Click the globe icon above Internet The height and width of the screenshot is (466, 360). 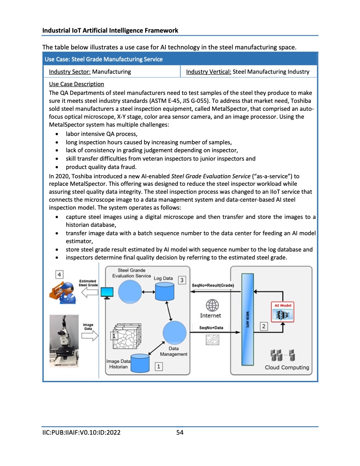point(213,305)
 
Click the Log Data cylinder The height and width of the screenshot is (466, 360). point(163,291)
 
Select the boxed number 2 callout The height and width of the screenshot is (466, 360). point(264,326)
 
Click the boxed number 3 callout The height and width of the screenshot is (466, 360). point(182,280)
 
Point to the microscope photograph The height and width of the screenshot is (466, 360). point(64,340)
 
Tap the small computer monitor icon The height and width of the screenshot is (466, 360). point(107,293)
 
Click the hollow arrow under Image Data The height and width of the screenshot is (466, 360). point(89,336)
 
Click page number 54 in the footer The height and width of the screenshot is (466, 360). point(180,432)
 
